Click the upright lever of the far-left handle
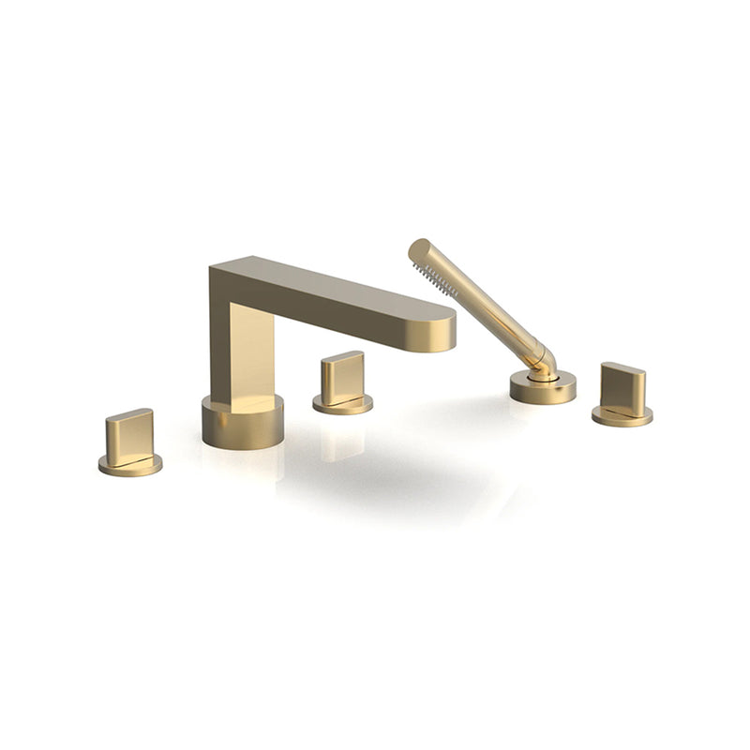pos(129,436)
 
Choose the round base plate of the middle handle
pos(342,404)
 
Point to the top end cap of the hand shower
pos(418,249)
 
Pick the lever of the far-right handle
pos(622,388)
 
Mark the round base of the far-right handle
pos(622,415)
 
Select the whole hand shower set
pos(492,323)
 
